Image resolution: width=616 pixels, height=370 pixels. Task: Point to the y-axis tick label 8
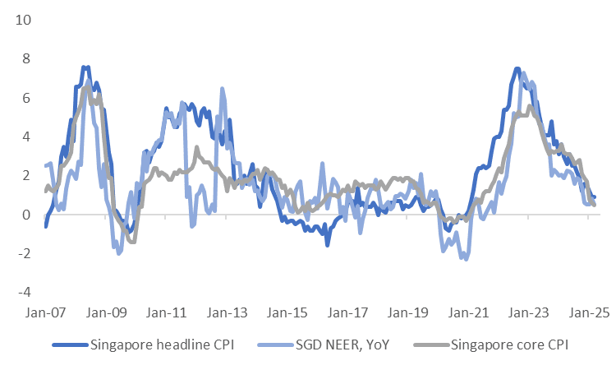[25, 58]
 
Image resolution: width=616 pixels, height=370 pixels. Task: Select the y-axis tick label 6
[25, 98]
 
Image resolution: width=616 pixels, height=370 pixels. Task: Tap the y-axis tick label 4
[25, 136]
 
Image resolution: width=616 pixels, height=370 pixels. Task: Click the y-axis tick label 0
[25, 215]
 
